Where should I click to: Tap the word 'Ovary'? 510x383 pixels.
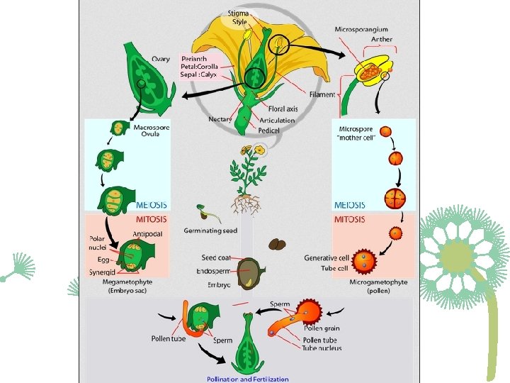click(161, 58)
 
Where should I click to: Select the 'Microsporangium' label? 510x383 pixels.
click(361, 29)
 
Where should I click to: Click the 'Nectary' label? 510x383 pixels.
click(220, 119)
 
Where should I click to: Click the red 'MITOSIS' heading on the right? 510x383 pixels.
click(351, 220)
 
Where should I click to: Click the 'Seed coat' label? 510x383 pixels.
click(217, 257)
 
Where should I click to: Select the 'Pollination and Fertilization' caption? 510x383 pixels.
click(247, 378)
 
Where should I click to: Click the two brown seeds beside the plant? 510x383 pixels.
click(277, 244)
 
